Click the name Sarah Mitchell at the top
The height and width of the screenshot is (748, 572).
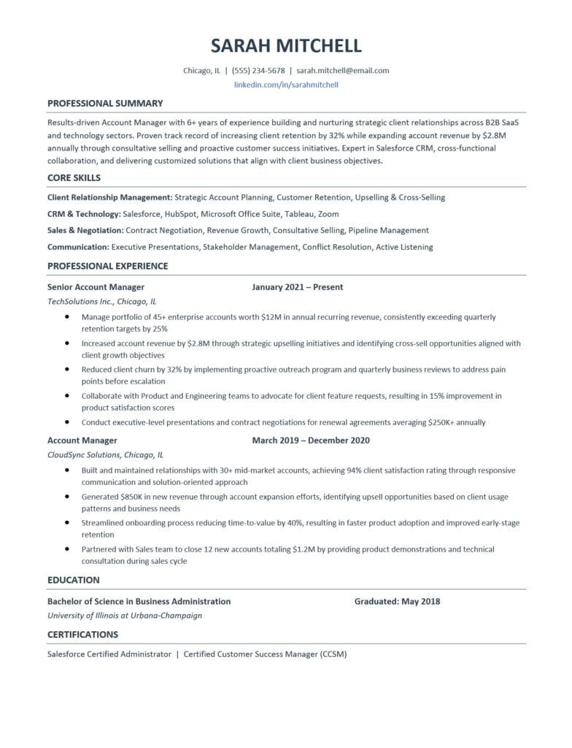(286, 46)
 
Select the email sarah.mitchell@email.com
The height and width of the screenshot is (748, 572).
(343, 71)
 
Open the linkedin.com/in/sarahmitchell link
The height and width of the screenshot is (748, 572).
(286, 85)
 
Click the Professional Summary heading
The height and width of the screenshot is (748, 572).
(105, 103)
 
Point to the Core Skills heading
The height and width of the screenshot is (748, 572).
(74, 178)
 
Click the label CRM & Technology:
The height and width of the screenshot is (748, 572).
(84, 214)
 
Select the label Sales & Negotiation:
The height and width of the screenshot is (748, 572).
(85, 230)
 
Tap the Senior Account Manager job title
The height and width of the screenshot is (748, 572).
(96, 287)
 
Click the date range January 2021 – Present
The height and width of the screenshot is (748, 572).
(297, 287)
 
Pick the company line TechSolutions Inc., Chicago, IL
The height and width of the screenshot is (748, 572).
(101, 301)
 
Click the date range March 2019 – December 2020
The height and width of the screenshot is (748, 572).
(311, 440)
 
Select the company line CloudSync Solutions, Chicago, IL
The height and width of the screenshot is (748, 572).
(105, 454)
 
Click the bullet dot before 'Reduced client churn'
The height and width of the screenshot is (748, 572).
(67, 370)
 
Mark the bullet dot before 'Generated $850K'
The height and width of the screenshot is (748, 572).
(67, 496)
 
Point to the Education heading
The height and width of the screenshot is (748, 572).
(73, 580)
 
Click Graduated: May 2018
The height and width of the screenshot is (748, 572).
(397, 602)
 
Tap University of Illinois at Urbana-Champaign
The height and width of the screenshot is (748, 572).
(124, 616)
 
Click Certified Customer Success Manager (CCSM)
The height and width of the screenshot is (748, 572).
(265, 654)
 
